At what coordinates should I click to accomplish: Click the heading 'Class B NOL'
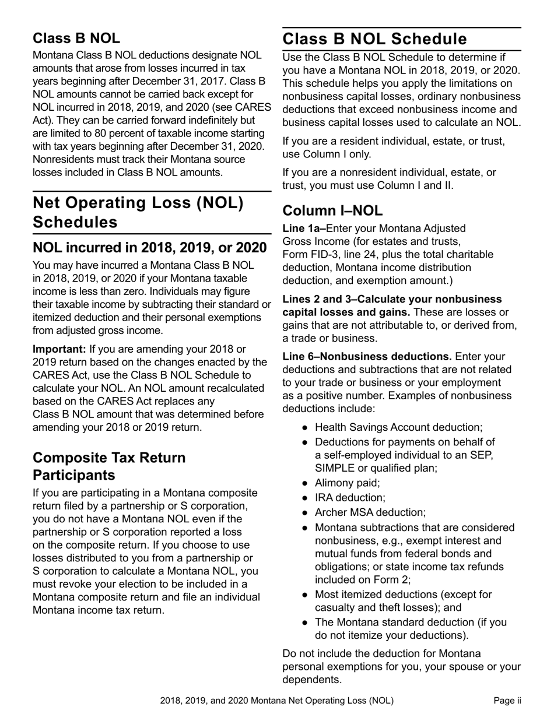click(76, 38)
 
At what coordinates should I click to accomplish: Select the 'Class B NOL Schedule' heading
click(374, 39)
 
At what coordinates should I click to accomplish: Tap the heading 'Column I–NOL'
click(332, 210)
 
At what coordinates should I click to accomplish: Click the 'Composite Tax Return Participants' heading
click(109, 466)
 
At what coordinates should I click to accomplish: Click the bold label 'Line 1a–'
click(304, 229)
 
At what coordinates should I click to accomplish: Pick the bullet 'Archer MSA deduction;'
click(370, 512)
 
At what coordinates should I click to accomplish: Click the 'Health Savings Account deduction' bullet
click(398, 427)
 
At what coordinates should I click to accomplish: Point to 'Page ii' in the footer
click(507, 701)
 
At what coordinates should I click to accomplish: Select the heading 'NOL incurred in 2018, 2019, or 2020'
click(150, 247)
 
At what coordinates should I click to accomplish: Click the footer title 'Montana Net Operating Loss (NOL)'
click(322, 701)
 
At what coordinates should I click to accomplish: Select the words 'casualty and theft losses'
click(373, 607)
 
